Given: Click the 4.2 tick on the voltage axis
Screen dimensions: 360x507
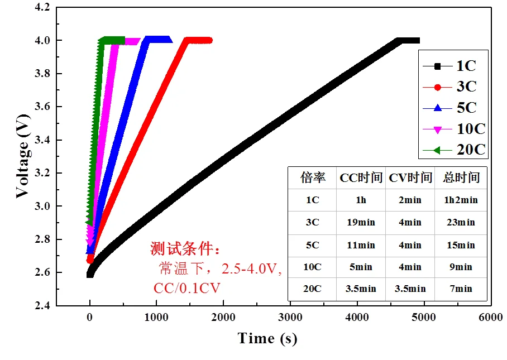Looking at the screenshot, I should (41, 8).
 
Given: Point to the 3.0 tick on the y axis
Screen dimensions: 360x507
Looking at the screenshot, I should (41, 207).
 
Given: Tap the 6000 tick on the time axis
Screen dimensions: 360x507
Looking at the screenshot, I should (490, 318).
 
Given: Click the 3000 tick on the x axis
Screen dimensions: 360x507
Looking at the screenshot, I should (290, 318).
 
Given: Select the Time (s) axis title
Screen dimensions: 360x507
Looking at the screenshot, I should (267, 338).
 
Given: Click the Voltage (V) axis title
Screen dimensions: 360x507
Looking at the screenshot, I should (22, 156).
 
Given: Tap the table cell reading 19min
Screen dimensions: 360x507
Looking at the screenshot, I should (361, 223).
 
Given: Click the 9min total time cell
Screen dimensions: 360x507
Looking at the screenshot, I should (461, 267).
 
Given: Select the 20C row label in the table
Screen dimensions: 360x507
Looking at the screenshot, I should (312, 289).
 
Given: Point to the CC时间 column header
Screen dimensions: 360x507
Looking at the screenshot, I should (361, 178).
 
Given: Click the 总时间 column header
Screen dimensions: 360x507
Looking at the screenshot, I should (461, 178).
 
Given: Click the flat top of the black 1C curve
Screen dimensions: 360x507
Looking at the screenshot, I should (408, 40).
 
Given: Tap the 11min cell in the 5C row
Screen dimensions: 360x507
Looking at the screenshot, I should (361, 245).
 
